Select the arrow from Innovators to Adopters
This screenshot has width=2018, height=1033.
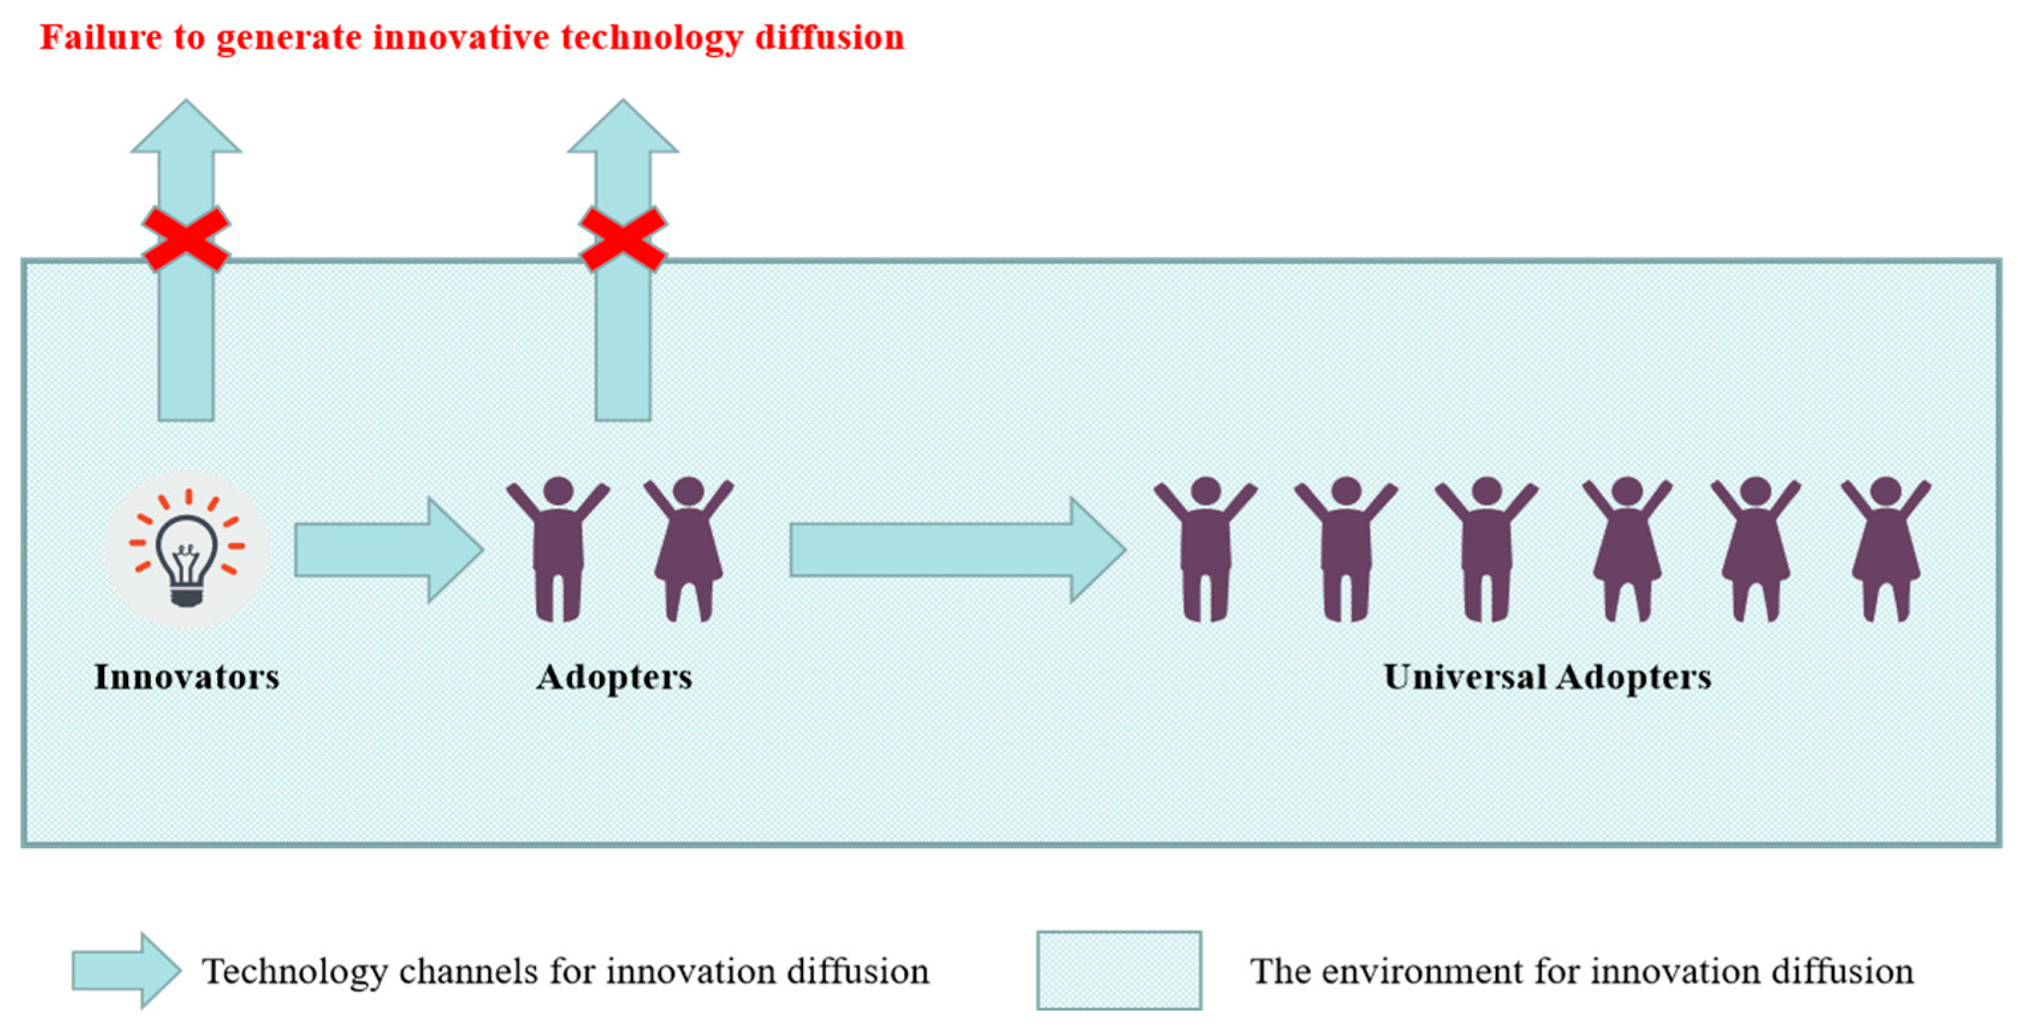pyautogui.click(x=388, y=550)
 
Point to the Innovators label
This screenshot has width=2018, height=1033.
pyautogui.click(x=187, y=677)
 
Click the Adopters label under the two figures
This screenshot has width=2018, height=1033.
pyautogui.click(x=614, y=677)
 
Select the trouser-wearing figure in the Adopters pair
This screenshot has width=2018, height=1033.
pyautogui.click(x=558, y=548)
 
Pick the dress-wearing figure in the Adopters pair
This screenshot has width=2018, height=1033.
pyautogui.click(x=689, y=548)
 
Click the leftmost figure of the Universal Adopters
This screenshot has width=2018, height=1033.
pyautogui.click(x=1205, y=548)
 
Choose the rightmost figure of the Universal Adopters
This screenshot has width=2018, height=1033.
pyautogui.click(x=1886, y=548)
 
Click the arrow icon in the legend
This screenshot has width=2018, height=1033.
pyautogui.click(x=126, y=971)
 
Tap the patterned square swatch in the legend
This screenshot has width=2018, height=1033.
pyautogui.click(x=1119, y=971)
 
